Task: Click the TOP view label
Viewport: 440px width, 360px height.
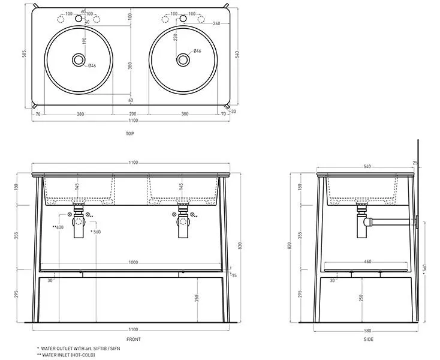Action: (129, 133)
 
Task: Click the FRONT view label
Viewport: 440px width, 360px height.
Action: (134, 339)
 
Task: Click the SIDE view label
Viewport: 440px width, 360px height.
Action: (368, 339)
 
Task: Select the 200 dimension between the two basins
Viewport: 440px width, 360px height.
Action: (130, 113)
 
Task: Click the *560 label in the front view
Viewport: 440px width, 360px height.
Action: (95, 232)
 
